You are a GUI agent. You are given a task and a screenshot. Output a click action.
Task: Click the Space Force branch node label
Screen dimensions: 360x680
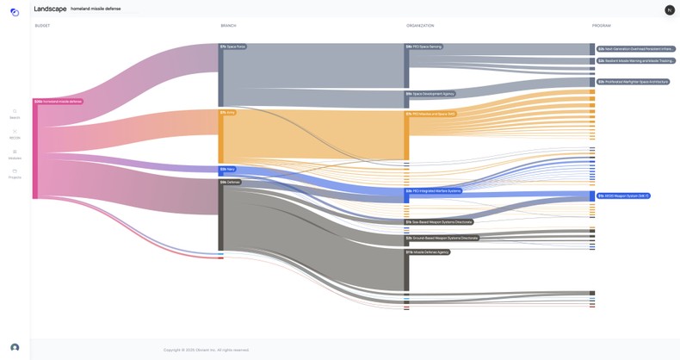[x=232, y=47]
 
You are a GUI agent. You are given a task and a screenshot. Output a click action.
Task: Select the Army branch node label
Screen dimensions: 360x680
[x=228, y=112]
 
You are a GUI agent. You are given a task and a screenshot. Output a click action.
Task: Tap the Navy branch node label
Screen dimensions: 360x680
[x=228, y=169]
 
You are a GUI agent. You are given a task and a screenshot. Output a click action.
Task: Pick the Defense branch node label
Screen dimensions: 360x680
[x=230, y=182]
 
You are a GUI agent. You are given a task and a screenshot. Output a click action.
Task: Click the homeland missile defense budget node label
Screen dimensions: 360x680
[x=59, y=102]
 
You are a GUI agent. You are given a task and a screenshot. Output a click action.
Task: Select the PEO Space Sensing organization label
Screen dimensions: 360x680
[x=424, y=47]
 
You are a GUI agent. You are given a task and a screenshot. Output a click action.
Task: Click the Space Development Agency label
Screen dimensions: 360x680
[x=430, y=94]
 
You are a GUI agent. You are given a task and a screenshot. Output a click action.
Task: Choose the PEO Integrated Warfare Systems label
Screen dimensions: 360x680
[x=434, y=190]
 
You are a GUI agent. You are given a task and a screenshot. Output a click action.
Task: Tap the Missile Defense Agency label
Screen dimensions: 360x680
[x=428, y=252]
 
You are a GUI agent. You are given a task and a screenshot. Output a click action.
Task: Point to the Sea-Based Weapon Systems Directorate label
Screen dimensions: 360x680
[x=439, y=221]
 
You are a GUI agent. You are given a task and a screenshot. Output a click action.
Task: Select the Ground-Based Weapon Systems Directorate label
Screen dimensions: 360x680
[x=442, y=238]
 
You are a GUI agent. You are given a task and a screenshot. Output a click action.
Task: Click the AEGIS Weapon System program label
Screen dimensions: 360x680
[x=623, y=196]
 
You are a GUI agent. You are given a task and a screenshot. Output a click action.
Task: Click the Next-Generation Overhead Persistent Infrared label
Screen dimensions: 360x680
[x=636, y=49]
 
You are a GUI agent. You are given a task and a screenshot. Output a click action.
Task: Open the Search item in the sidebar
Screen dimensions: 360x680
[x=15, y=114]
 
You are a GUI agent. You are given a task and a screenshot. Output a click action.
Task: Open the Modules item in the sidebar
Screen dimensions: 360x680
[x=15, y=154]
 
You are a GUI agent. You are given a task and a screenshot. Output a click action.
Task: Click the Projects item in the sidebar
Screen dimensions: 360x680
[x=15, y=173]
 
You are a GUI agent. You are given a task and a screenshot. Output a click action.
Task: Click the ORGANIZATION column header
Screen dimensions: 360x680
[x=420, y=26]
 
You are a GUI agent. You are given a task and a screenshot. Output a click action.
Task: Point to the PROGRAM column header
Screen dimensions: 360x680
[x=601, y=26]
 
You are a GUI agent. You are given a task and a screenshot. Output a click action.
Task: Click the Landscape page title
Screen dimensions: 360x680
[x=50, y=9]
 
